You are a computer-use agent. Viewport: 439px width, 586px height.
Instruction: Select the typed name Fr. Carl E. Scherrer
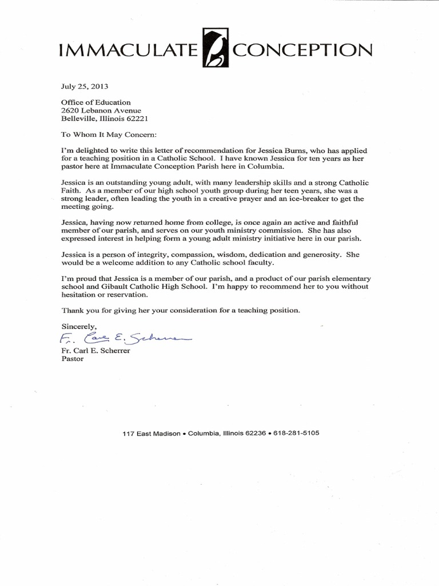(x=95, y=351)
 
